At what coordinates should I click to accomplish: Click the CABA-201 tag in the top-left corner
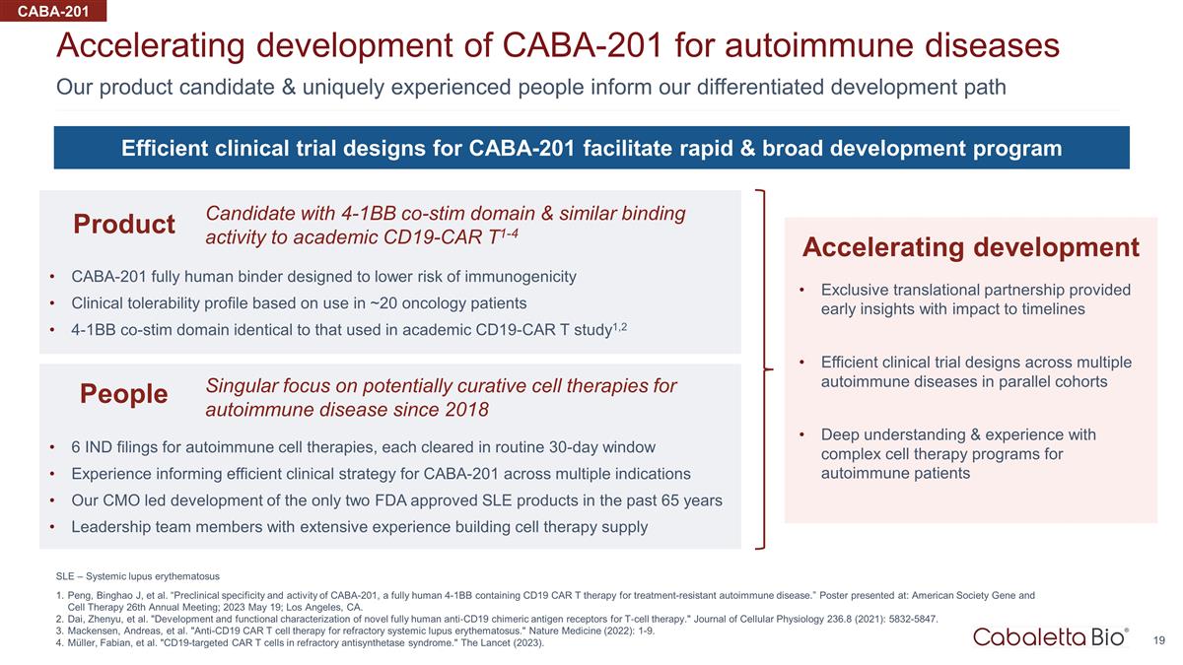coord(53,11)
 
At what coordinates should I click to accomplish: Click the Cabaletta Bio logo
coord(1051,637)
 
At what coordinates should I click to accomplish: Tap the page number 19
coord(1158,640)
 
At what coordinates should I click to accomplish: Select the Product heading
coord(124,224)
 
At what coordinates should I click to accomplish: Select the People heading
coord(123,394)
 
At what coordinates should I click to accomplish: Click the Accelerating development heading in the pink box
coord(971,247)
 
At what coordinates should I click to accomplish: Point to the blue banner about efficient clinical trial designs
coord(591,148)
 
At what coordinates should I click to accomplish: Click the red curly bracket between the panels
coord(763,368)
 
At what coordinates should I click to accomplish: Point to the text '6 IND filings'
coord(114,447)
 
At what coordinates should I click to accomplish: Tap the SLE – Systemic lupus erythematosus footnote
coord(138,576)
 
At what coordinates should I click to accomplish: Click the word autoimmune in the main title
coord(818,45)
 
